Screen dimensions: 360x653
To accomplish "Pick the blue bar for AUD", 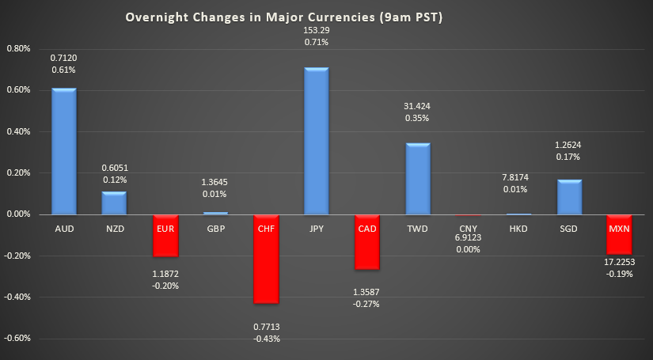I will (63, 151).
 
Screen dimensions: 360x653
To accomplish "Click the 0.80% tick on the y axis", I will (17, 48).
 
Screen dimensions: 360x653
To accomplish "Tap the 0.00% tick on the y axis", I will (17, 214).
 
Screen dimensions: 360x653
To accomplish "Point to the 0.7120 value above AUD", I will (63, 58).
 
